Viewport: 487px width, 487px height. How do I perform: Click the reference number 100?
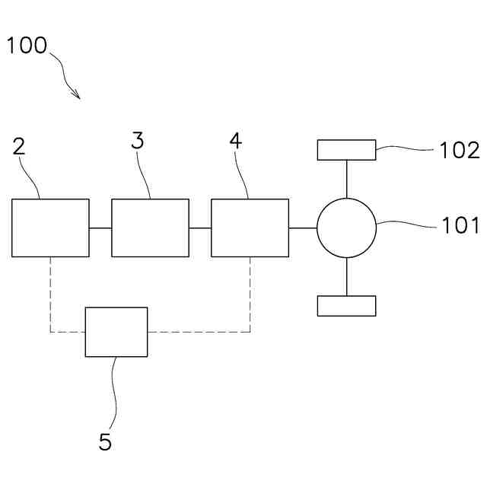click(x=27, y=45)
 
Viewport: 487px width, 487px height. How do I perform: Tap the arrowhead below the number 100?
click(x=76, y=94)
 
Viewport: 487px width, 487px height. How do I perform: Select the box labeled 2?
click(x=50, y=228)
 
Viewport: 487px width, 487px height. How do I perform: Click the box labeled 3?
click(x=150, y=228)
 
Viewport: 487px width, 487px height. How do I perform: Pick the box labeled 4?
click(x=250, y=228)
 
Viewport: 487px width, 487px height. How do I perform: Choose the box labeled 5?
click(x=116, y=332)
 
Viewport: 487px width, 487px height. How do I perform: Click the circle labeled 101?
click(x=346, y=228)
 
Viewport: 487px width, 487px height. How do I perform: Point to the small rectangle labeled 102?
click(x=346, y=150)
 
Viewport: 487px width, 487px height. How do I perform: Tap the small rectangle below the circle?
click(x=346, y=306)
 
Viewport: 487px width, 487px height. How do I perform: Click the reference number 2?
click(x=19, y=146)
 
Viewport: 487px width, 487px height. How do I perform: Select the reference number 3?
click(x=137, y=141)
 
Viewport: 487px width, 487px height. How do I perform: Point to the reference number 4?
click(x=236, y=141)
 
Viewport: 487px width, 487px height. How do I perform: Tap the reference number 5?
click(x=105, y=442)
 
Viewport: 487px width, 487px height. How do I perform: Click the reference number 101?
click(x=461, y=225)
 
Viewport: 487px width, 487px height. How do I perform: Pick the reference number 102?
click(x=460, y=150)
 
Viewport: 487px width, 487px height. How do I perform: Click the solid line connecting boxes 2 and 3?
click(x=100, y=228)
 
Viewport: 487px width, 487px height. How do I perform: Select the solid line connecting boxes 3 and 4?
click(x=200, y=228)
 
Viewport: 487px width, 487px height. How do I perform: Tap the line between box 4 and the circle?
click(x=303, y=228)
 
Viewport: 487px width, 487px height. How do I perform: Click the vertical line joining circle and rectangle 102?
click(x=346, y=179)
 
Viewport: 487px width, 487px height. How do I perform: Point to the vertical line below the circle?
click(x=346, y=276)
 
